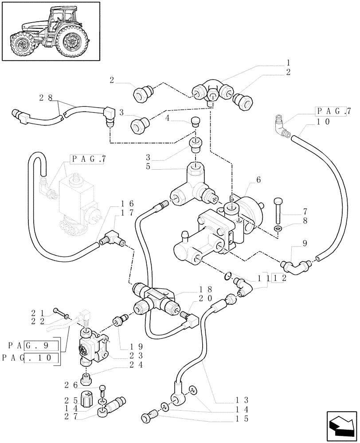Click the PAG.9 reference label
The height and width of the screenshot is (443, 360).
tap(33, 346)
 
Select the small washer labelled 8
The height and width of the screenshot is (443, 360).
tap(278, 229)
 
